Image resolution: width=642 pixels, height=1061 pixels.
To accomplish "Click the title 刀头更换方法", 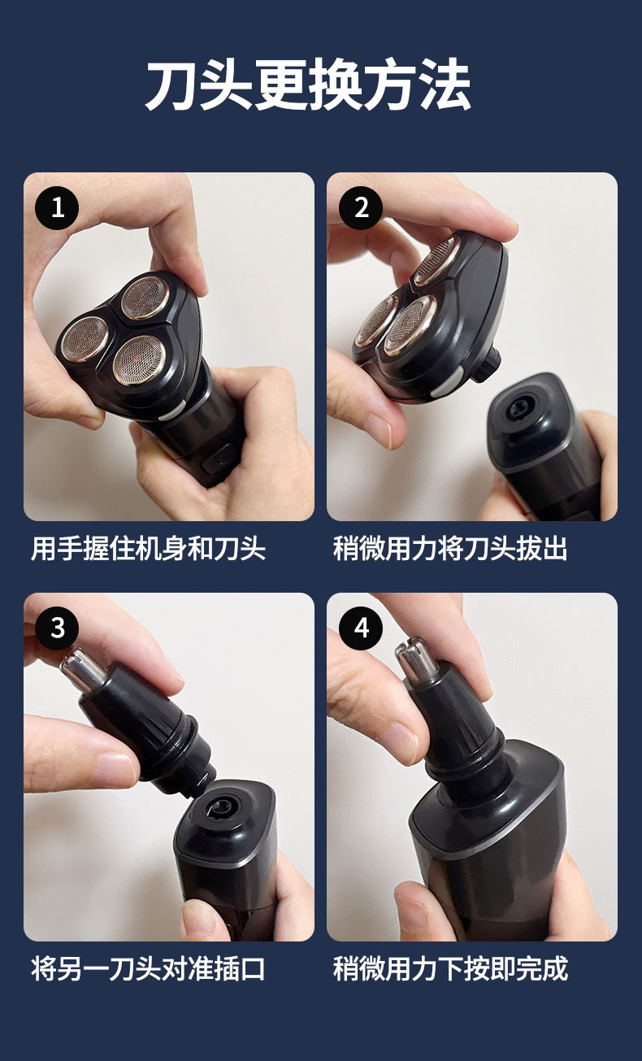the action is (308, 85).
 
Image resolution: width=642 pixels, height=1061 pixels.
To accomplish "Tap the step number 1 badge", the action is (57, 207).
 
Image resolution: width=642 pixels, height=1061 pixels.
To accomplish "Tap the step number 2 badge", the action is (361, 207).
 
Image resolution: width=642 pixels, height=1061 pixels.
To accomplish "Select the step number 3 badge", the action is (57, 628).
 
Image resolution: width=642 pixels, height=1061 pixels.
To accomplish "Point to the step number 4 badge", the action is (361, 628).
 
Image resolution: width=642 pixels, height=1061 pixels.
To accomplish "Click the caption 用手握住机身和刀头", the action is (148, 549).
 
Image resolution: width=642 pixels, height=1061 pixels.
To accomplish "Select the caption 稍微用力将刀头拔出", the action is (450, 549).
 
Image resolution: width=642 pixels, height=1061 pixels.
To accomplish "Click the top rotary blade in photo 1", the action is (145, 297).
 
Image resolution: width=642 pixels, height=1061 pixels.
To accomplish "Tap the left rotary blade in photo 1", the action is (85, 337).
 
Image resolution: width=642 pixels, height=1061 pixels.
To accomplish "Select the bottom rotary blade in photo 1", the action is (139, 359).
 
